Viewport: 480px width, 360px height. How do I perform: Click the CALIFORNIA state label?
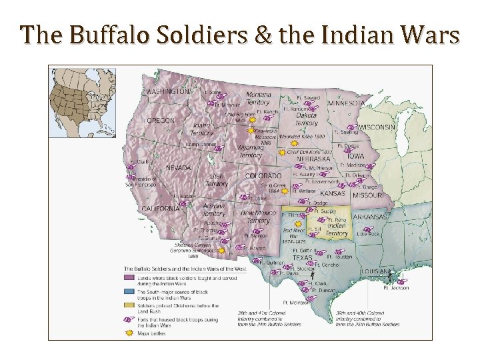pyautogui.click(x=160, y=209)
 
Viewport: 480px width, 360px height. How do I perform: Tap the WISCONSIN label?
pyautogui.click(x=377, y=127)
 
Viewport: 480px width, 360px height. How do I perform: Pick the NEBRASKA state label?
pyautogui.click(x=313, y=159)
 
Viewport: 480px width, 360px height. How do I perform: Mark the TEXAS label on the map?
pyautogui.click(x=303, y=257)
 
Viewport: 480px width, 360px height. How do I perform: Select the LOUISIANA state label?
pyautogui.click(x=376, y=272)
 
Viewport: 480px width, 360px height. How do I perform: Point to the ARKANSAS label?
pyautogui.click(x=370, y=217)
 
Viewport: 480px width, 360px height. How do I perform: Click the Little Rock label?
pyautogui.click(x=368, y=234)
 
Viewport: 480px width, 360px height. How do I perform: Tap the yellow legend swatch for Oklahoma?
pyautogui.click(x=129, y=307)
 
